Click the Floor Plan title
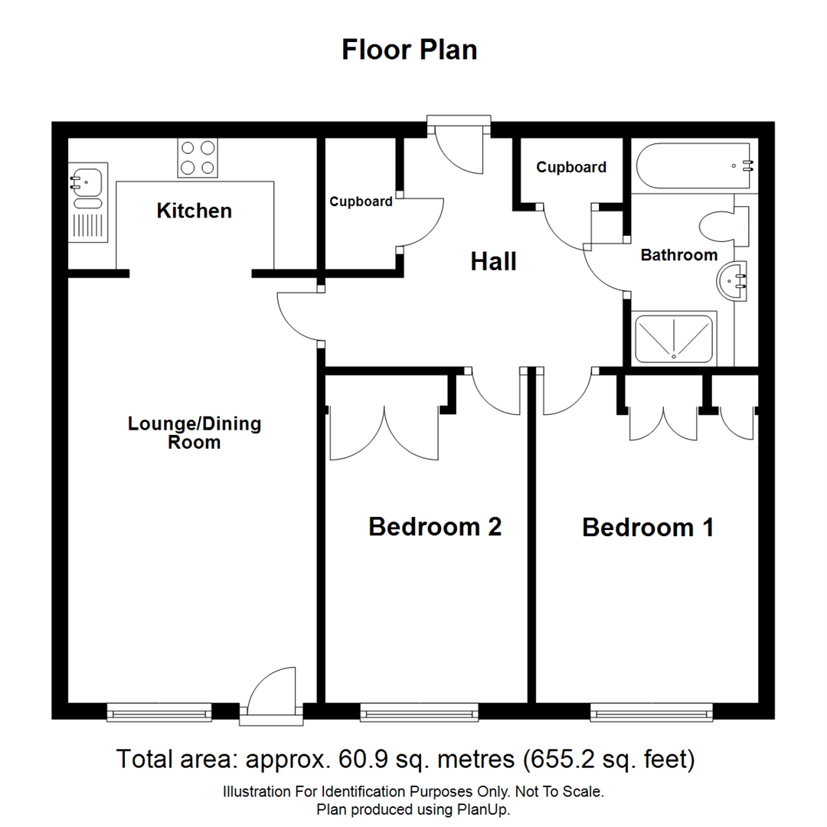point(410,50)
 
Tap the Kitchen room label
point(194,211)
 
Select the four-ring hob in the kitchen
point(197,158)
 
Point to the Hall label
point(493,262)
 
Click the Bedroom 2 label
point(434,527)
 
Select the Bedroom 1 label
point(648,528)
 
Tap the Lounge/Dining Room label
point(194,433)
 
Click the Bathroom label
point(679,255)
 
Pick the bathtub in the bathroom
point(694,165)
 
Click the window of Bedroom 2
point(419,713)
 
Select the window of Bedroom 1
point(651,713)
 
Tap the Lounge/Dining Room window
point(159,713)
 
